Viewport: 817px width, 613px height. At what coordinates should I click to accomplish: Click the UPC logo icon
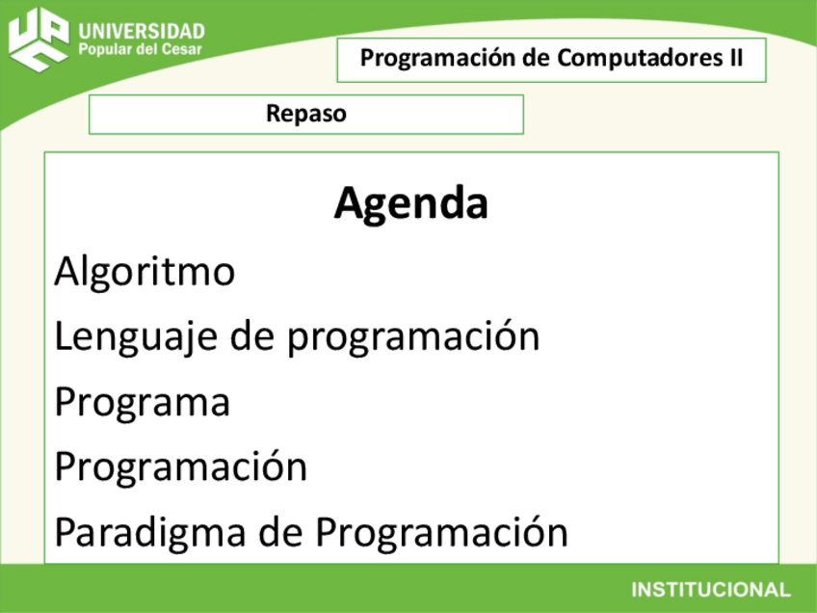click(x=40, y=40)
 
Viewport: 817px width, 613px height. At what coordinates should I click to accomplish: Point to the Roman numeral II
click(x=733, y=59)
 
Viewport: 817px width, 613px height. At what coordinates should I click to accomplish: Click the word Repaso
click(x=306, y=115)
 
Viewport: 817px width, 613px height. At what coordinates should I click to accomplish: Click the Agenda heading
click(x=411, y=203)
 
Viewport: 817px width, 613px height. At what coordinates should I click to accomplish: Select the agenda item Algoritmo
click(x=145, y=272)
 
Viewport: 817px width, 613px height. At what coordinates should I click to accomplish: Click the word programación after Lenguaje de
click(x=414, y=337)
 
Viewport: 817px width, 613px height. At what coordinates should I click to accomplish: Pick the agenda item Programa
click(x=143, y=402)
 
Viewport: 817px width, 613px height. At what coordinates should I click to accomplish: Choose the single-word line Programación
click(x=180, y=467)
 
